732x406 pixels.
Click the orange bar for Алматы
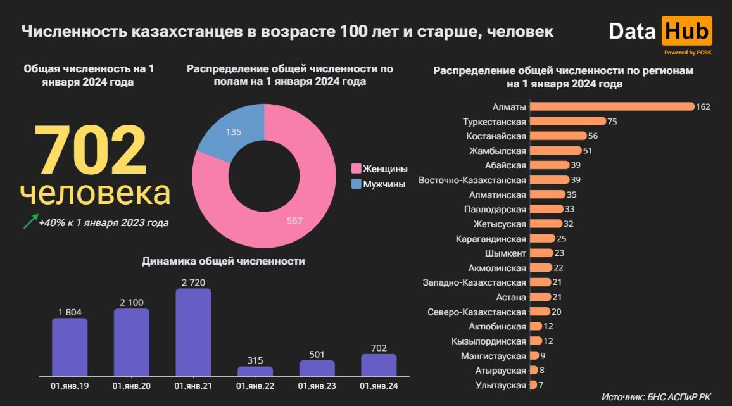click(612, 106)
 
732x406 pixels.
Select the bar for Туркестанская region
click(567, 121)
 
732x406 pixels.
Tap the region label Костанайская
click(496, 136)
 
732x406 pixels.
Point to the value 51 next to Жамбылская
click(588, 151)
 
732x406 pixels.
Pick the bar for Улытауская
click(533, 385)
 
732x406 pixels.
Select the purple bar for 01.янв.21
click(193, 333)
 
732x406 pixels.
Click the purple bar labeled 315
click(255, 371)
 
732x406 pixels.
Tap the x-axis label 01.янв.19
click(70, 386)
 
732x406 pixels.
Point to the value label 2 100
click(131, 302)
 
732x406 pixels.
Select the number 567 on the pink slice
click(294, 221)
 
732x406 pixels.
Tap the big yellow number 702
click(91, 151)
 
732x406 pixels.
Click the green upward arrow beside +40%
click(30, 221)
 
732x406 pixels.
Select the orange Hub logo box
click(686, 32)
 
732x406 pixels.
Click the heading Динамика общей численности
click(224, 261)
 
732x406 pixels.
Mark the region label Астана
click(511, 297)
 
